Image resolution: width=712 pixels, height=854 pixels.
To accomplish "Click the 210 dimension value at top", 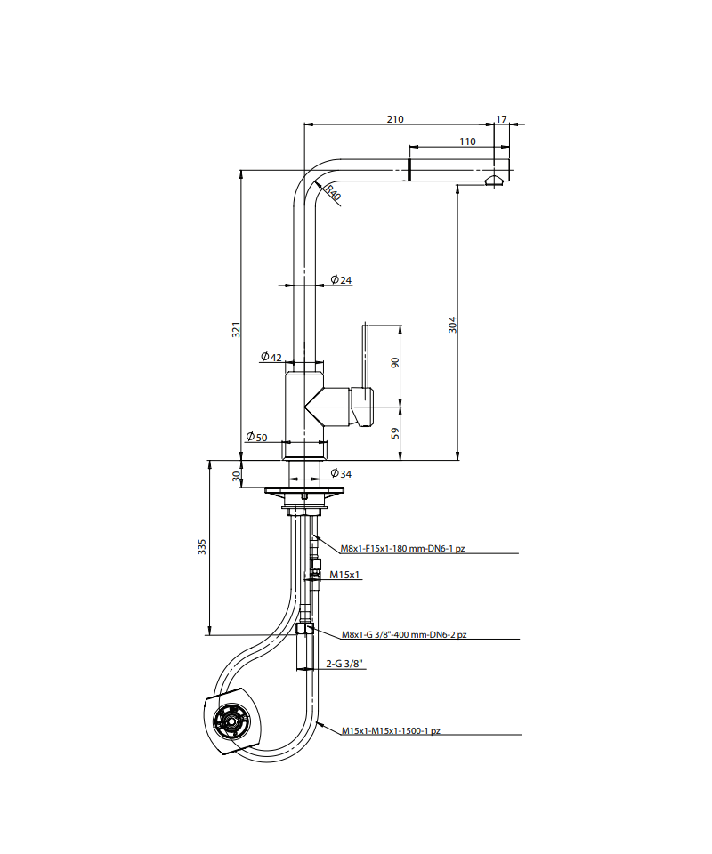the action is point(395,119).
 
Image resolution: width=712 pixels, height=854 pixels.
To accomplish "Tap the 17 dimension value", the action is point(501,119).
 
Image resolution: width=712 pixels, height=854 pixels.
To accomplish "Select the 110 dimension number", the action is point(467,141).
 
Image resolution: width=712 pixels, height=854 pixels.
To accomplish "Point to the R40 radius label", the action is point(334,194).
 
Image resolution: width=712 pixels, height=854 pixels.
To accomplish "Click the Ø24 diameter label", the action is point(342,280).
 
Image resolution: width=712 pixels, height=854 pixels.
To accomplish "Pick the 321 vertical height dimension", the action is point(236,329).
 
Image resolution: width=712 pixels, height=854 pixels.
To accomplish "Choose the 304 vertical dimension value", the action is point(453,325).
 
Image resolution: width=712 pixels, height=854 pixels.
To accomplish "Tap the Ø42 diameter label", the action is point(271,357).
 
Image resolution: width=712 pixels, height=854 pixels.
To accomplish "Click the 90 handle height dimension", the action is point(395,362).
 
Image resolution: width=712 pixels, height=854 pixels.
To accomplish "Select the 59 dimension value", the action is point(395,433).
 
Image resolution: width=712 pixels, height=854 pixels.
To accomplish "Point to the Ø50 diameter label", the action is point(256,437).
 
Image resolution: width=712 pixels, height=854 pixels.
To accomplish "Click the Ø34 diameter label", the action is point(342,474).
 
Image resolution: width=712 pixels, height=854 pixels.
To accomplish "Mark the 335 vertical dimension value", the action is point(202,547).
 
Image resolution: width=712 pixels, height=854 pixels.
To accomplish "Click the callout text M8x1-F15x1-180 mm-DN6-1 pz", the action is point(402,549).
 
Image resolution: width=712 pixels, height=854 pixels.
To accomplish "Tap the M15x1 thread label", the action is point(344,575).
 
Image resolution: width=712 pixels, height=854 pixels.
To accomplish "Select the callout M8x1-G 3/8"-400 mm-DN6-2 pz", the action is point(404,634).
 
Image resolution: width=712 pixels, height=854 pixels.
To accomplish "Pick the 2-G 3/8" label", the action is point(344,664).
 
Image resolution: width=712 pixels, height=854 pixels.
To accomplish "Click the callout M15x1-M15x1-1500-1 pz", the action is point(391,731).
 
